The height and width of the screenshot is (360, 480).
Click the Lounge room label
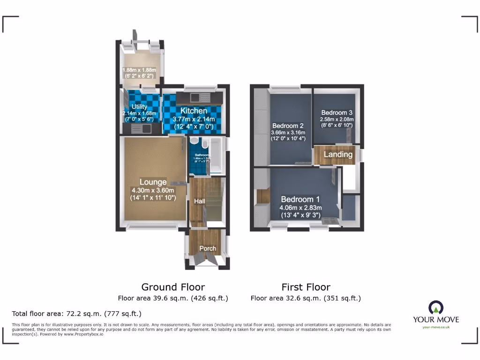point(153,182)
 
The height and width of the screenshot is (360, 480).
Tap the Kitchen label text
point(194,111)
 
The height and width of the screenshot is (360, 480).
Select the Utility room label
point(139,107)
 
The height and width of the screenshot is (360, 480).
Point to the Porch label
point(208,248)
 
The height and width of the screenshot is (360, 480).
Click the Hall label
point(199,201)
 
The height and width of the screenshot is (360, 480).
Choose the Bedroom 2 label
point(288,126)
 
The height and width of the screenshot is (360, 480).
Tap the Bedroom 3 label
point(337,112)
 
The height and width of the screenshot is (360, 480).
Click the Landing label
point(338,154)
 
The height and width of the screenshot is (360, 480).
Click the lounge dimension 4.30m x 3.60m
point(153,190)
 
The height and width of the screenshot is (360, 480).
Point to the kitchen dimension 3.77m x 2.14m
point(194,120)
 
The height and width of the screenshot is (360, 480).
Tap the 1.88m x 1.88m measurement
point(139,71)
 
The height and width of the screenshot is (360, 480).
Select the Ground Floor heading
point(173,287)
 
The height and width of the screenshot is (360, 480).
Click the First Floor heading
point(306,287)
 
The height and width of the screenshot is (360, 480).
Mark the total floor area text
point(76,314)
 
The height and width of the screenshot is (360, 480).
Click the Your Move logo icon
point(436,307)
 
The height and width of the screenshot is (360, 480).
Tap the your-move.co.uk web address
point(436,327)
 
